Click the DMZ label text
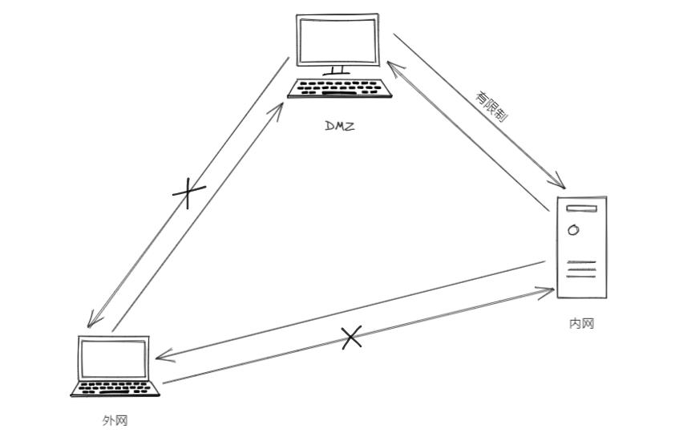click(x=338, y=125)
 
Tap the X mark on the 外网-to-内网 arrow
click(x=351, y=338)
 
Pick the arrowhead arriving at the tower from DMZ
click(x=561, y=183)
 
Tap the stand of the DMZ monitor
click(x=337, y=70)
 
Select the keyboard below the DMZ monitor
click(x=341, y=88)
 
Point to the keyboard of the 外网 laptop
click(x=115, y=388)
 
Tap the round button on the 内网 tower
click(x=573, y=230)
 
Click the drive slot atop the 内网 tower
click(x=582, y=208)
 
